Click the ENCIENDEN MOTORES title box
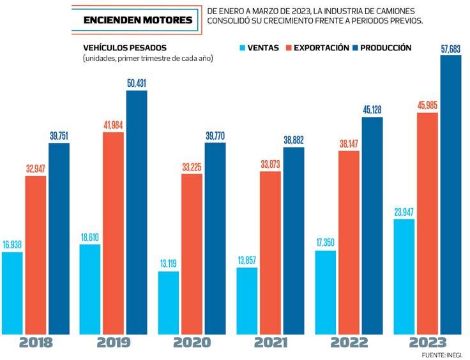[138, 20]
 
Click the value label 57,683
[450, 48]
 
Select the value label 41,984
[113, 125]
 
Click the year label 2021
[271, 342]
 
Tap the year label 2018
[36, 342]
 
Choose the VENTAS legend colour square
[242, 48]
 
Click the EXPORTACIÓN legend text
[321, 48]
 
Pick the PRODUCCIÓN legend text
[385, 48]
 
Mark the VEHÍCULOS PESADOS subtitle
[125, 48]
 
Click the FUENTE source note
[444, 354]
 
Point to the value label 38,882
[294, 140]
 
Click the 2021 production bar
[294, 239]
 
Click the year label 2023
[427, 342]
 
